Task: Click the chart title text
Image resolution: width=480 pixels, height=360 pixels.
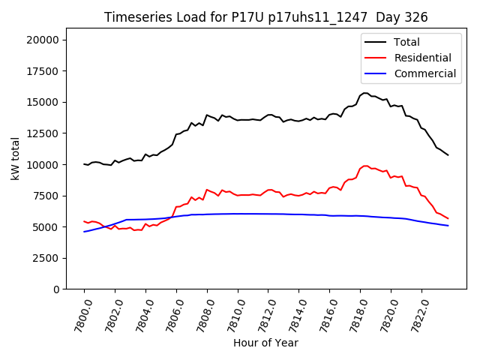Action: pyautogui.click(x=265, y=17)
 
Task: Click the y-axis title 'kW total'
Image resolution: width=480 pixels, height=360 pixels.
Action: pyautogui.click(x=16, y=158)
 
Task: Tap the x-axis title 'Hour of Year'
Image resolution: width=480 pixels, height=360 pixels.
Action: pyautogui.click(x=265, y=343)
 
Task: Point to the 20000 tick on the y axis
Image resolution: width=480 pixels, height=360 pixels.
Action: pyautogui.click(x=43, y=40)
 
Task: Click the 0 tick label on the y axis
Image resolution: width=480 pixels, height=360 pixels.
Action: pyautogui.click(x=56, y=289)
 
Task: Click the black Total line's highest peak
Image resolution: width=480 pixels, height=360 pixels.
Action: pyautogui.click(x=365, y=93)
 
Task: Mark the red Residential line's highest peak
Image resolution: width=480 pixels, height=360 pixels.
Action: pyautogui.click(x=365, y=166)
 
